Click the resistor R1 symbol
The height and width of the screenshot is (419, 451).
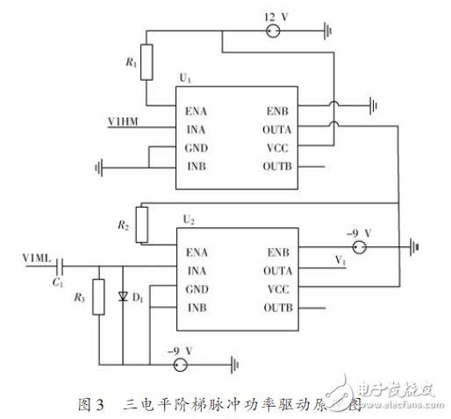[x=146, y=64]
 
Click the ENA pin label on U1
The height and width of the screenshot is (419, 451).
[x=197, y=111]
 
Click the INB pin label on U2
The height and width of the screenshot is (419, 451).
[x=197, y=307]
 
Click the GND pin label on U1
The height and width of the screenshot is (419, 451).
[x=197, y=147]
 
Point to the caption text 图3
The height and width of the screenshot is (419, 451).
[x=89, y=405]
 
